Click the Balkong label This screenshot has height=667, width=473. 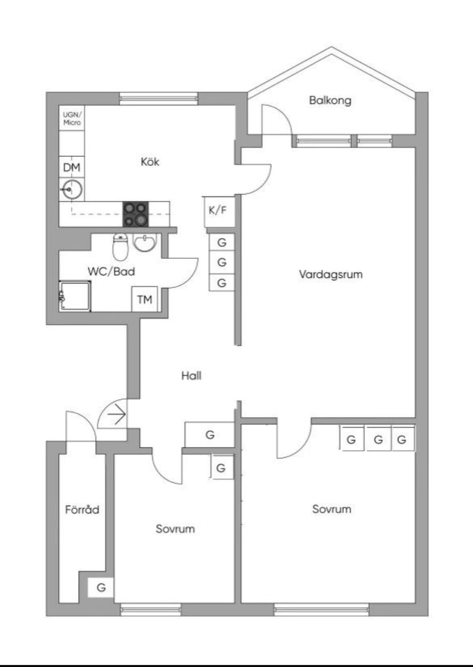[330, 100]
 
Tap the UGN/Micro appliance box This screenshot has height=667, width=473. [72, 119]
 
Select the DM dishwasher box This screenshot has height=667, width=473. [72, 167]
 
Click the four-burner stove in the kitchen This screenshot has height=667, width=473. [135, 214]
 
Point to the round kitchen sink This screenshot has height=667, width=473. [72, 189]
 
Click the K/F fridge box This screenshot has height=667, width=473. [218, 210]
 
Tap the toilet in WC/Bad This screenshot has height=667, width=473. [120, 247]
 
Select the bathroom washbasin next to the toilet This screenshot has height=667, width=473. [144, 243]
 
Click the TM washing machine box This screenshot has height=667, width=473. [144, 299]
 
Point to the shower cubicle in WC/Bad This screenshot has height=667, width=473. [75, 296]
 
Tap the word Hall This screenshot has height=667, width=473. [191, 376]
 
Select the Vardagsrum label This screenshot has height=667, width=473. [330, 275]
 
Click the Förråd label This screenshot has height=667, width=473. [82, 509]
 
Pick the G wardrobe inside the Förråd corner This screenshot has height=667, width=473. [101, 587]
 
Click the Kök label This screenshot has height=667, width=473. [150, 162]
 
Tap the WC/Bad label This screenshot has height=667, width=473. [111, 271]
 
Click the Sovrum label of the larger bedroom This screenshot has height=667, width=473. [331, 509]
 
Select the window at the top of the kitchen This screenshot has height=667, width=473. [158, 99]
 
